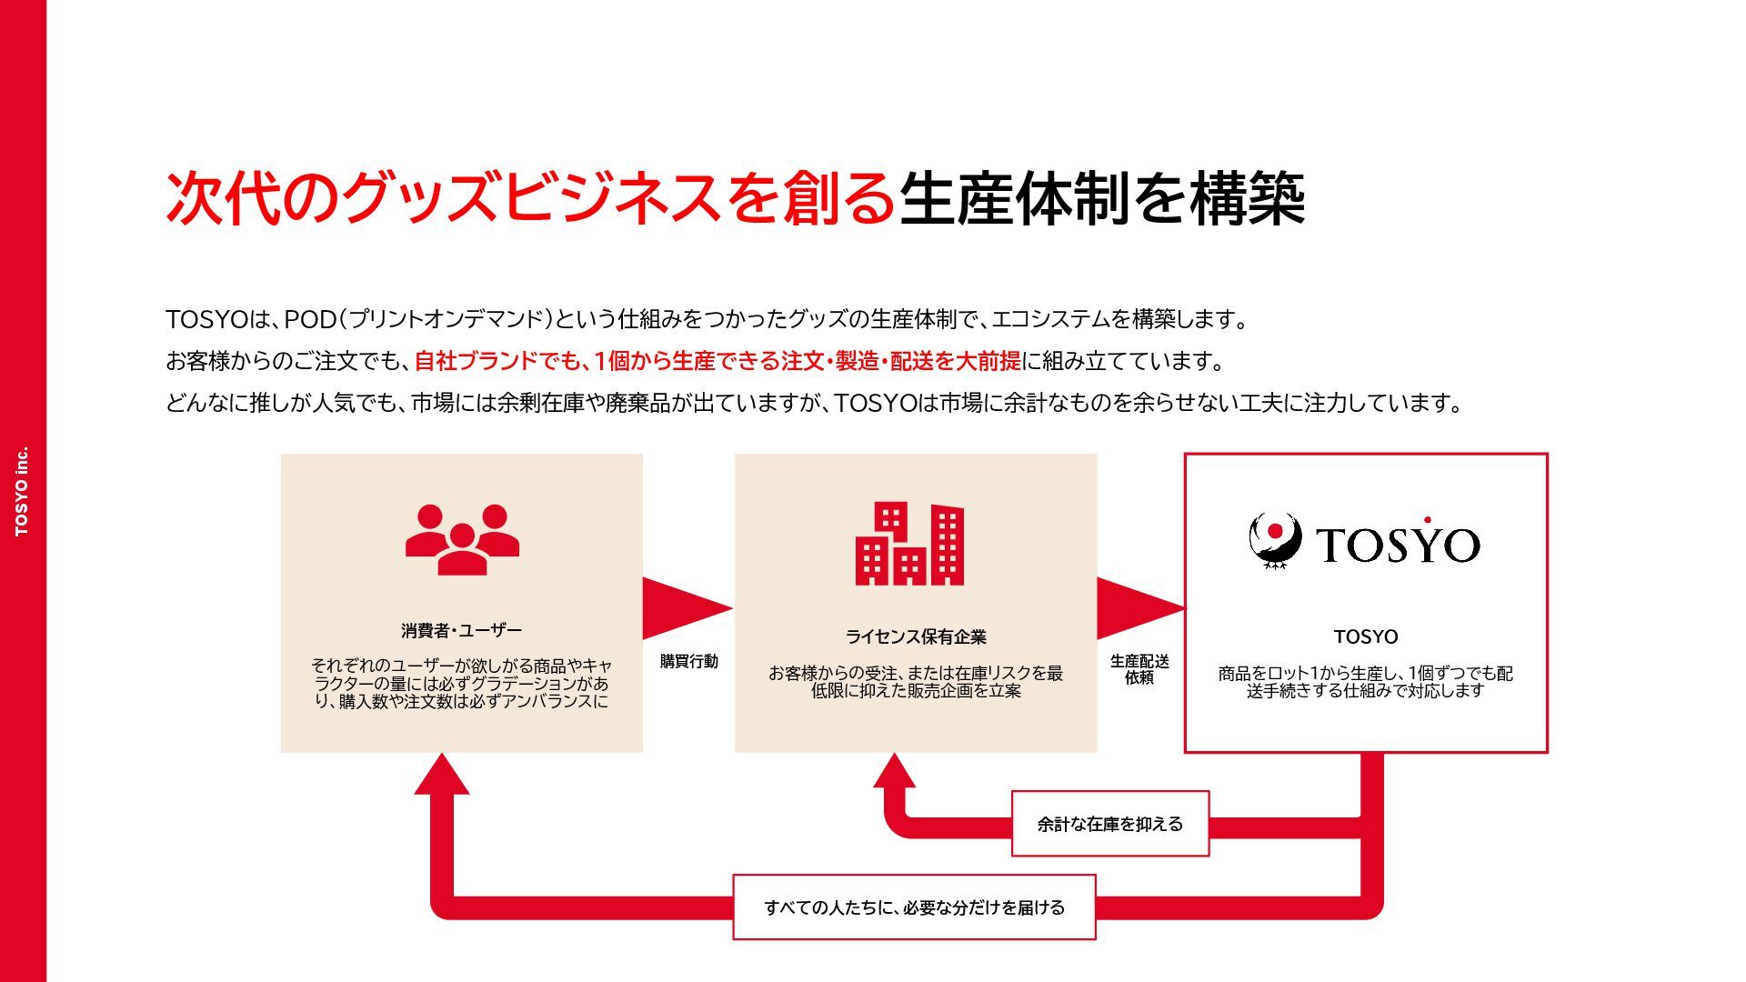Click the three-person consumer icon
(462, 540)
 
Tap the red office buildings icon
(909, 543)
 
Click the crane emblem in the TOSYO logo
(1275, 542)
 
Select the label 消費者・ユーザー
(462, 630)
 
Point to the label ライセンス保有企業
(916, 636)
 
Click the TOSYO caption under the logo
(1366, 636)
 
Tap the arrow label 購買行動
(688, 661)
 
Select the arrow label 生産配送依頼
(1139, 669)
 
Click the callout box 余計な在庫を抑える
(1110, 824)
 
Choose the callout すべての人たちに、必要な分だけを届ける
(914, 907)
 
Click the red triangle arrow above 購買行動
(687, 608)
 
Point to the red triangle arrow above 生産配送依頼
(1140, 608)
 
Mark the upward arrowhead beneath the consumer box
(442, 774)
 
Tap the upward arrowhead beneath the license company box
(895, 771)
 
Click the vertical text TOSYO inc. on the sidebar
(22, 491)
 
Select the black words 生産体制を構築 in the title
(1102, 198)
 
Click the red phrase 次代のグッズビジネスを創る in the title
(531, 198)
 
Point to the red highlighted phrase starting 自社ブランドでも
(717, 361)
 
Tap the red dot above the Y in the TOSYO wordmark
(1428, 520)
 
